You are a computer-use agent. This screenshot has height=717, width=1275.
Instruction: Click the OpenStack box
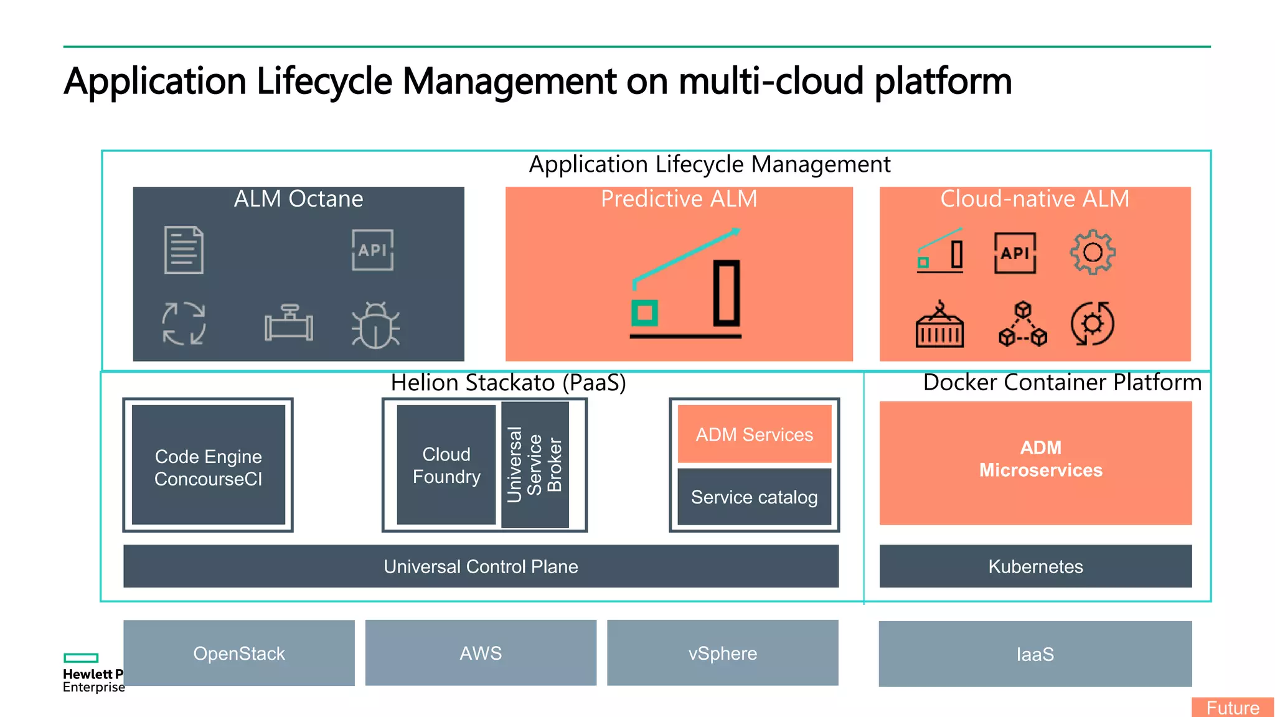tap(239, 653)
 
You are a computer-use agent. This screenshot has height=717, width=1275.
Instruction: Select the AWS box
tap(481, 653)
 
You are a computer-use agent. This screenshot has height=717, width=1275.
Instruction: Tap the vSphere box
tap(722, 653)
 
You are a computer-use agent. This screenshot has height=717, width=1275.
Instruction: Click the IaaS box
tap(1035, 654)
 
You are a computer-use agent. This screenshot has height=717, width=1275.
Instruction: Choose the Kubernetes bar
tap(1035, 566)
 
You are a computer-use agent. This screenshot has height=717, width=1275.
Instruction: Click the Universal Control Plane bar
tap(481, 566)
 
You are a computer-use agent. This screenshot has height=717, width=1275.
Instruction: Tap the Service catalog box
tap(754, 497)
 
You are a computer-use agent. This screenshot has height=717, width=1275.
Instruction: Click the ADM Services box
tap(754, 434)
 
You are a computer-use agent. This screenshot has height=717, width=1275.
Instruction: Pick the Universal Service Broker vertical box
tap(535, 464)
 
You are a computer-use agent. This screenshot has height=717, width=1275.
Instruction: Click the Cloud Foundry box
tap(446, 465)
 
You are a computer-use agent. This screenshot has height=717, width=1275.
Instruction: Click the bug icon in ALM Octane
tap(375, 325)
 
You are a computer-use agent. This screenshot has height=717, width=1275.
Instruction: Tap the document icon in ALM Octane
tap(184, 250)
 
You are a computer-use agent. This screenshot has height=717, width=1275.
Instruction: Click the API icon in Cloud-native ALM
tap(1015, 253)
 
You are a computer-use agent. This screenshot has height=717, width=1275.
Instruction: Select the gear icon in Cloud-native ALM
tap(1093, 252)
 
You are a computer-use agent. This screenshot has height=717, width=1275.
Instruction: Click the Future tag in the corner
tap(1232, 708)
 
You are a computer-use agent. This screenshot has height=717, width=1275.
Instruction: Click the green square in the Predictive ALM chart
tap(644, 312)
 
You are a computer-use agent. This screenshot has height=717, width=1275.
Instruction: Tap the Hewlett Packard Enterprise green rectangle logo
tap(81, 658)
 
